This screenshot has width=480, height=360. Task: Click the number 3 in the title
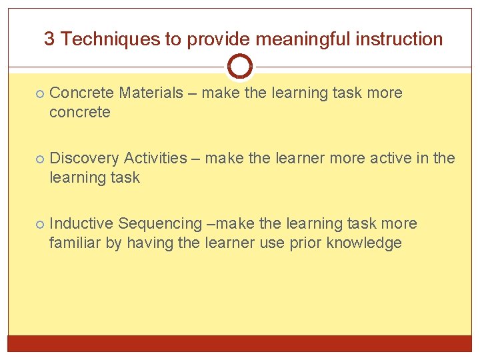click(x=49, y=39)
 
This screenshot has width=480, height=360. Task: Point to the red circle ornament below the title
click(x=239, y=67)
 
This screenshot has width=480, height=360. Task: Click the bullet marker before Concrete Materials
click(x=40, y=93)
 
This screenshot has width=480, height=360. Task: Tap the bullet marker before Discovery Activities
click(x=40, y=159)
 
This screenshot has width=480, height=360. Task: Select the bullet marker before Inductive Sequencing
click(x=40, y=224)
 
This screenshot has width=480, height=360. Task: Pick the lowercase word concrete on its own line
click(x=79, y=112)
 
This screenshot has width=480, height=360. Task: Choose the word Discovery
click(x=83, y=158)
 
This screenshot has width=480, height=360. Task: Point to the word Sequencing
click(x=158, y=223)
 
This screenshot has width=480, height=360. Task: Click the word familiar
click(x=75, y=243)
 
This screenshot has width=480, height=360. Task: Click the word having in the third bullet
click(x=149, y=243)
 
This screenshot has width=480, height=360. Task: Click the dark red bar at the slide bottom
click(x=239, y=343)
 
